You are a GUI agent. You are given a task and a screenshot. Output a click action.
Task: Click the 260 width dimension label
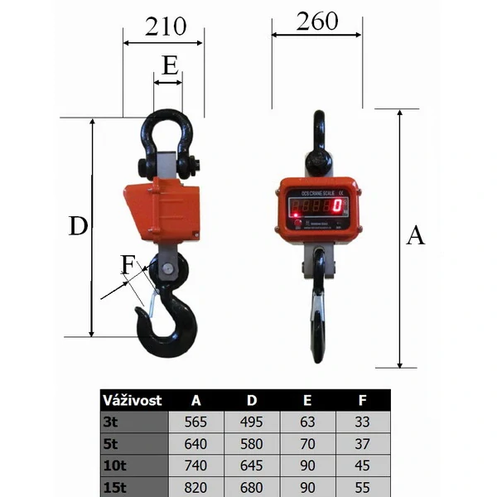click(x=317, y=21)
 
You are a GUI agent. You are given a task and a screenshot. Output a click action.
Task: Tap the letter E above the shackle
click(x=169, y=65)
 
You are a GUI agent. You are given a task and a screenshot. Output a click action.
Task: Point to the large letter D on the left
click(x=78, y=226)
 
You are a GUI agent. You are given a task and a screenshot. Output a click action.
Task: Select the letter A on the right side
click(x=416, y=236)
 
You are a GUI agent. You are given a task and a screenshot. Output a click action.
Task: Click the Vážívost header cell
click(x=132, y=400)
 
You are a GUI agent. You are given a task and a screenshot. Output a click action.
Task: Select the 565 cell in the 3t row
click(x=195, y=422)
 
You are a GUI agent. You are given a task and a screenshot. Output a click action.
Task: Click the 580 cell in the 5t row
click(x=251, y=443)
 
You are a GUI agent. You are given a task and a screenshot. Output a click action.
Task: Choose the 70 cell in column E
click(x=306, y=443)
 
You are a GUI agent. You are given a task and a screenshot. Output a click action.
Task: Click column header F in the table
click(x=362, y=400)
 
